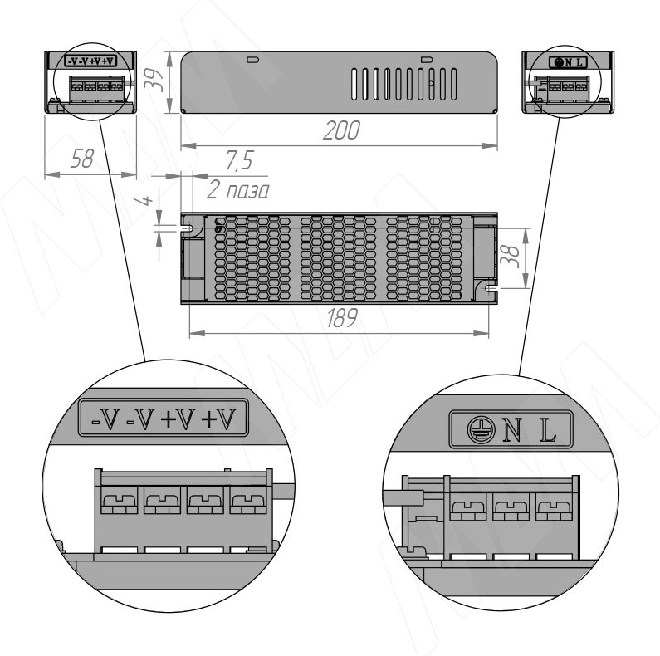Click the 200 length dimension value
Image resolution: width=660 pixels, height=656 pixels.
[x=341, y=130]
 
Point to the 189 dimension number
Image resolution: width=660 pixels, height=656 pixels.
[x=342, y=318]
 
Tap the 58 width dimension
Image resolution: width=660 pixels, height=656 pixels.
[x=81, y=159]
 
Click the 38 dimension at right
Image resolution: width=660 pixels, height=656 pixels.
[x=511, y=257]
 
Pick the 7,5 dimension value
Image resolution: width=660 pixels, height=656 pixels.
[x=239, y=160]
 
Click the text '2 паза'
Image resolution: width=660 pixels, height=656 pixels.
[x=237, y=191]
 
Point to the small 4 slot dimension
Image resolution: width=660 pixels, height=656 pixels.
[x=145, y=198]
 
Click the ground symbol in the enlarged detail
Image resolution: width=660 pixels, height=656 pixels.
[x=480, y=429]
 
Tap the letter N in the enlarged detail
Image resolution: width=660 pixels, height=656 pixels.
[x=511, y=431]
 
